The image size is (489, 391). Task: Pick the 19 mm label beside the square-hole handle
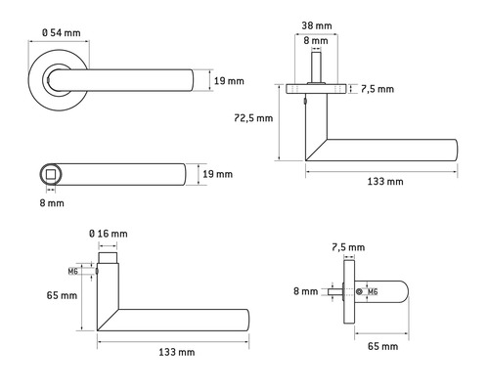219,174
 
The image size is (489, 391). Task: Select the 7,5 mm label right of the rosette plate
378,89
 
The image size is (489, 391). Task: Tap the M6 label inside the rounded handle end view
373,292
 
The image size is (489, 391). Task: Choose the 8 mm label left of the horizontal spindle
305,291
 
